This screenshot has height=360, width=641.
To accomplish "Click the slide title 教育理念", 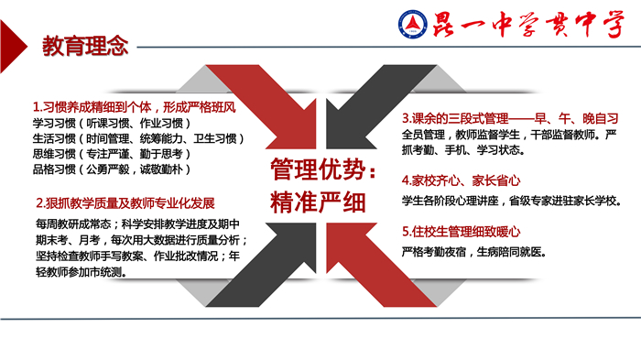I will [x=85, y=47].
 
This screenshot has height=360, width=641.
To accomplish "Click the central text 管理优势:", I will [x=321, y=171].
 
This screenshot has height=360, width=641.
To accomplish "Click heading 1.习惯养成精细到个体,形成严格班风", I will [x=135, y=106].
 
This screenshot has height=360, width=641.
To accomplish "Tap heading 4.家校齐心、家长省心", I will [x=455, y=180].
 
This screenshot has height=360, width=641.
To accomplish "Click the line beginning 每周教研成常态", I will [x=142, y=224].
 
